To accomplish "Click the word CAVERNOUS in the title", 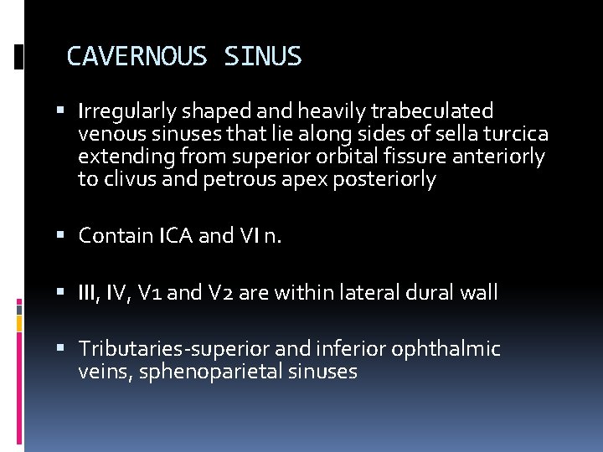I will coord(137,57).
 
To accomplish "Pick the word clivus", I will coord(126,179).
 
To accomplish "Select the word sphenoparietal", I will coord(212,372).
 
